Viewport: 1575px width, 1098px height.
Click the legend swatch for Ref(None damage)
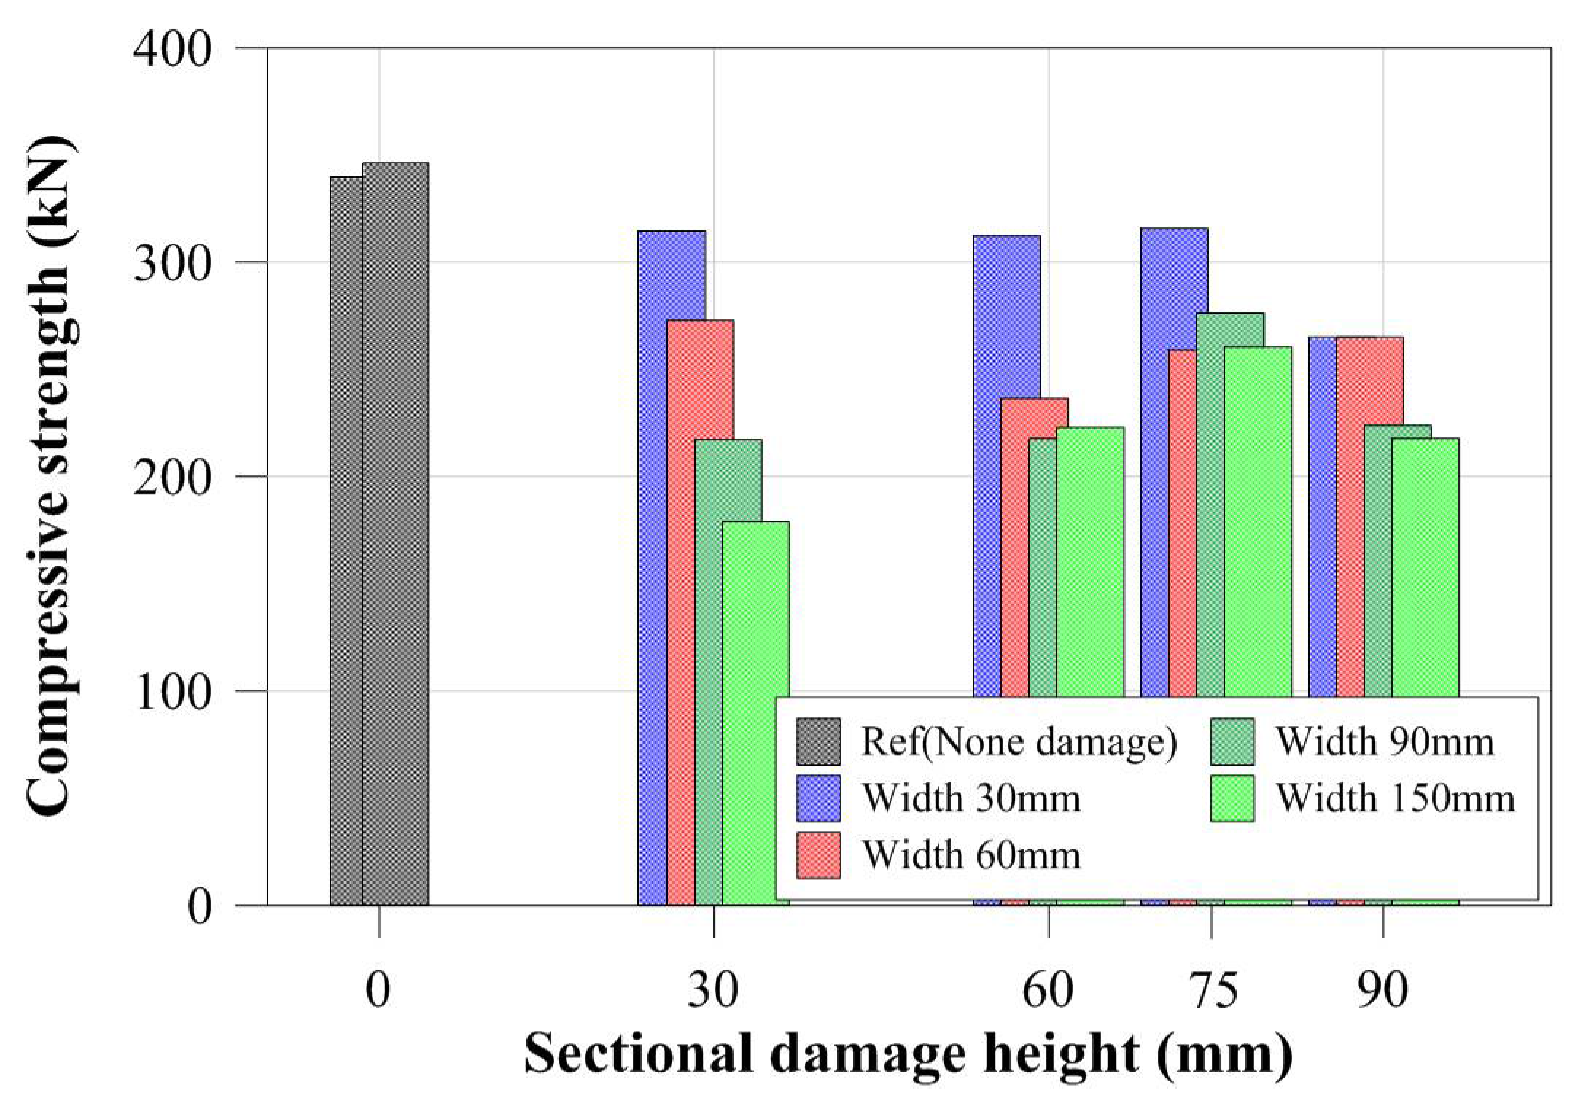[818, 741]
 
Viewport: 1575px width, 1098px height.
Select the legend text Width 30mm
[971, 798]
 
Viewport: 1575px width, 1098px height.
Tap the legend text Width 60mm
[971, 854]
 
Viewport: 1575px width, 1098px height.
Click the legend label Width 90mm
[1384, 741]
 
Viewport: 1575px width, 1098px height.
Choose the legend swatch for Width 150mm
[1232, 798]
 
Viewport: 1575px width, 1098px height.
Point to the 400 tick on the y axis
[172, 49]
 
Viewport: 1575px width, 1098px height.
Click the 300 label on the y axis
[172, 262]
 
